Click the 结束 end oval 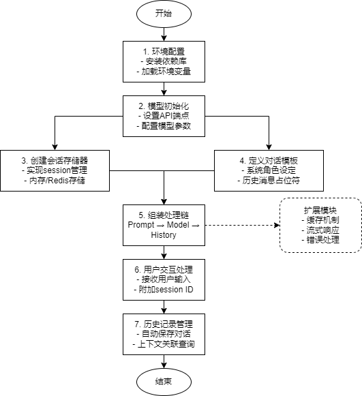click(164, 382)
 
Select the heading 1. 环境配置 click(164, 52)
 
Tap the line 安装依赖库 click(164, 61)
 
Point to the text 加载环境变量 click(164, 71)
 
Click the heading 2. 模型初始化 click(164, 106)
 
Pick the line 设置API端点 click(164, 116)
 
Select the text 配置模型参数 click(164, 125)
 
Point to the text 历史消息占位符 click(271, 180)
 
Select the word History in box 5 click(164, 234)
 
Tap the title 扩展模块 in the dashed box click(320, 210)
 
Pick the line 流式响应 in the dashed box click(320, 230)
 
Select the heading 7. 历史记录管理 click(164, 324)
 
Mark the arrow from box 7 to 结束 click(164, 361)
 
